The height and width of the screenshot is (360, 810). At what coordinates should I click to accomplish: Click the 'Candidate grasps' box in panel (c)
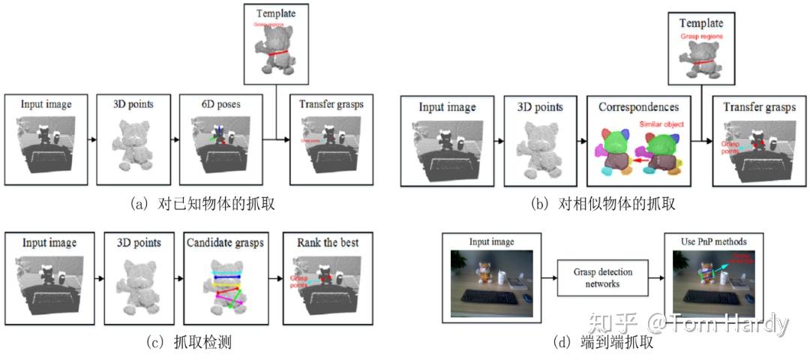click(224, 277)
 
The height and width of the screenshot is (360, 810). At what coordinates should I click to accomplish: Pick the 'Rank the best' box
click(327, 277)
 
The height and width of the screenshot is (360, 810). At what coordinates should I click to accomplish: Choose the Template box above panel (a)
click(275, 44)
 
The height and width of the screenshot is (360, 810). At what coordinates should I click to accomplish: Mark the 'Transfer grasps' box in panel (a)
click(327, 139)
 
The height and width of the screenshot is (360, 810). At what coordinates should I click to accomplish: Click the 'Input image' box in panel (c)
click(49, 277)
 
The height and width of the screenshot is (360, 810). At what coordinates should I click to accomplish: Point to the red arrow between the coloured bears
click(637, 160)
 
